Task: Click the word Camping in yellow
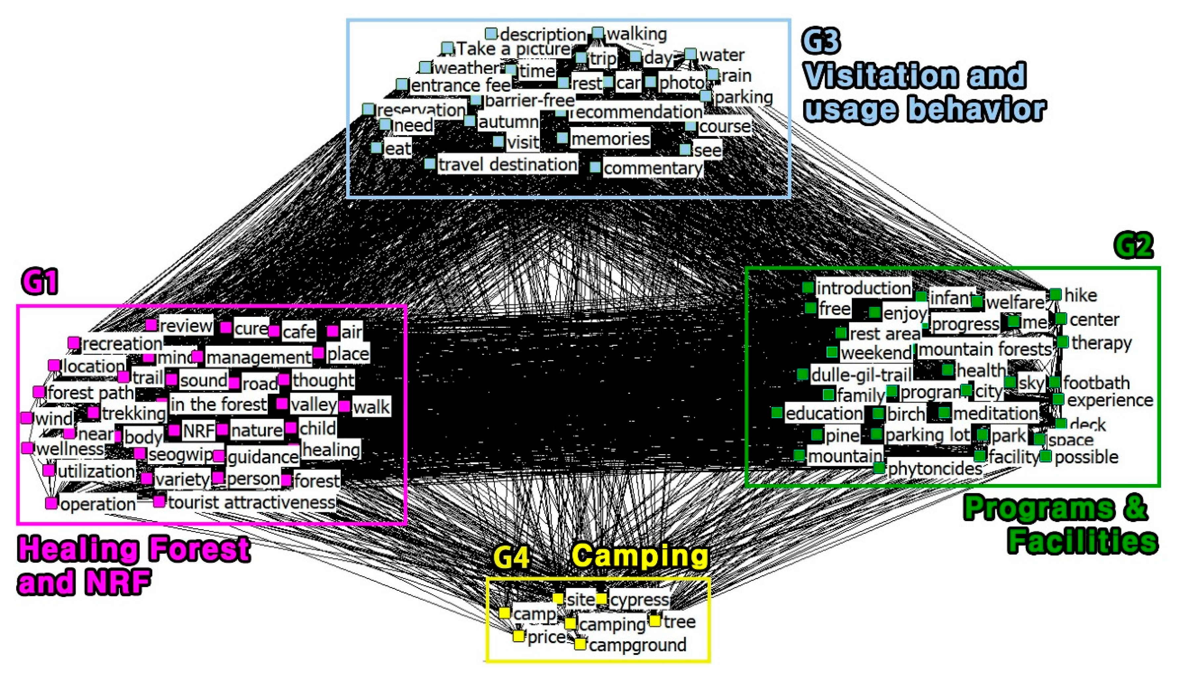click(640, 556)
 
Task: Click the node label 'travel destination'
click(508, 165)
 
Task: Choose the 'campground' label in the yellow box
click(638, 645)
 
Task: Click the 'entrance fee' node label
click(461, 85)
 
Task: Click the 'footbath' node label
click(1096, 383)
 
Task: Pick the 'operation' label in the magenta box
click(98, 504)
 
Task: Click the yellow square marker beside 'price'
click(518, 636)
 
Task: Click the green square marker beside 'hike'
click(1056, 294)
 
